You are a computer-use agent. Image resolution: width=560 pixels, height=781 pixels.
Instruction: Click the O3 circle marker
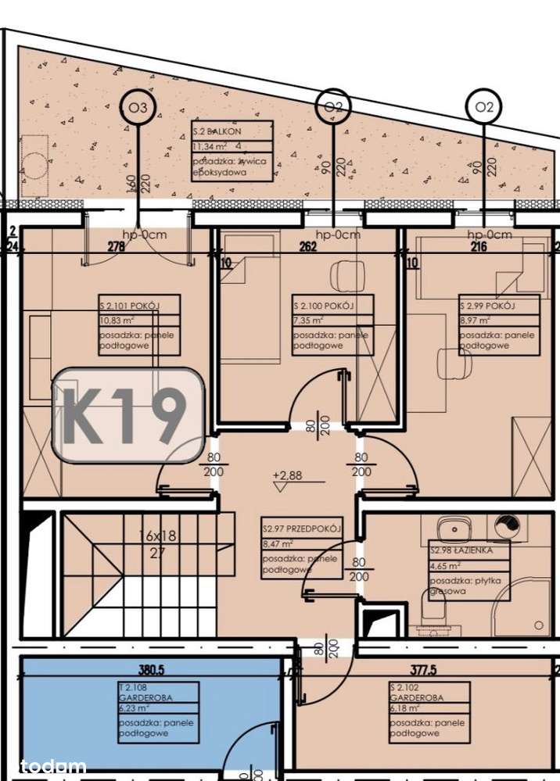tap(138, 108)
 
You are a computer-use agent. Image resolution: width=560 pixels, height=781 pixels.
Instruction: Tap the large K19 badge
tap(127, 414)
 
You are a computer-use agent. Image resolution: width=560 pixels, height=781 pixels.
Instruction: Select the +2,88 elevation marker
tap(286, 475)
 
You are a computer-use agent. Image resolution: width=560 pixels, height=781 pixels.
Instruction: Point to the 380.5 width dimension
tap(152, 670)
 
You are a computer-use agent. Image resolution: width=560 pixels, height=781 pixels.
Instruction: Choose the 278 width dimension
tap(117, 248)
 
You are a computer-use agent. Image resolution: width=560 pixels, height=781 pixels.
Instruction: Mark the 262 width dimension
tap(307, 248)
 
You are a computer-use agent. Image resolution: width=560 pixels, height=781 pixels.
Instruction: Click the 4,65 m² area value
tap(443, 564)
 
